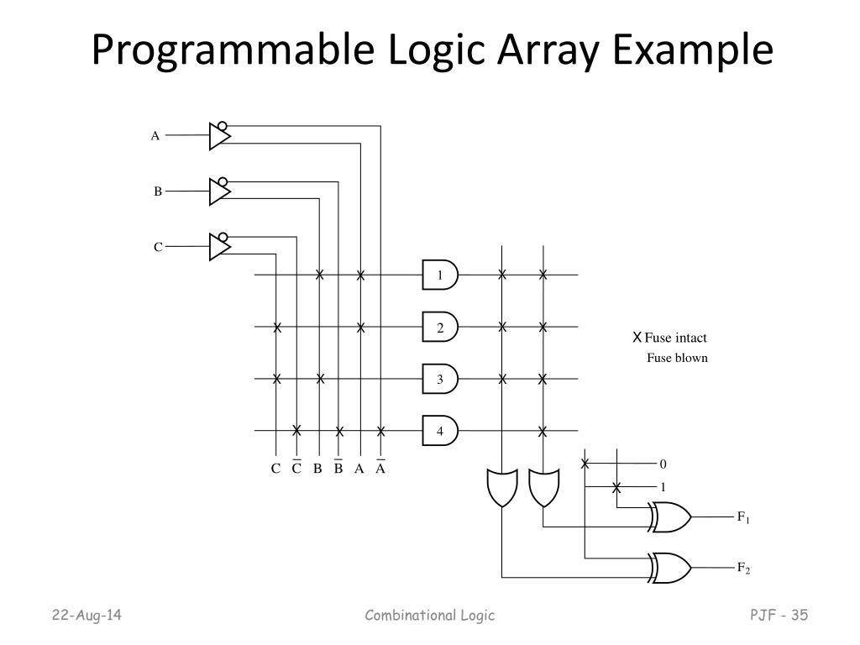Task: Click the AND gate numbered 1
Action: pyautogui.click(x=439, y=275)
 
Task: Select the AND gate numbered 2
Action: pyautogui.click(x=439, y=328)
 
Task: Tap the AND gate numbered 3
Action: pyautogui.click(x=439, y=380)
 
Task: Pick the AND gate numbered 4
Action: pyautogui.click(x=439, y=432)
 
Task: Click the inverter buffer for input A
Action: pyautogui.click(x=219, y=135)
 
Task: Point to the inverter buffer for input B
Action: pyautogui.click(x=219, y=191)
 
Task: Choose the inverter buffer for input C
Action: pyautogui.click(x=219, y=246)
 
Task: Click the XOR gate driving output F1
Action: pyautogui.click(x=670, y=518)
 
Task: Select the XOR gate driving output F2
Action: pyautogui.click(x=670, y=568)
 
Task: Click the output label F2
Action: pyautogui.click(x=743, y=569)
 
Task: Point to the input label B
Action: pyautogui.click(x=157, y=191)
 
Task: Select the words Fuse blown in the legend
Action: pyautogui.click(x=677, y=358)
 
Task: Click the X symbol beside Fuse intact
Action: pyautogui.click(x=637, y=338)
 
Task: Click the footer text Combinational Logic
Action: pyautogui.click(x=430, y=616)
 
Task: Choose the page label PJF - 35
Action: pyautogui.click(x=779, y=616)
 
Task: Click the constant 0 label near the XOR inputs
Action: pyautogui.click(x=663, y=464)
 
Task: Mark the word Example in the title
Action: pyautogui.click(x=703, y=51)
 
